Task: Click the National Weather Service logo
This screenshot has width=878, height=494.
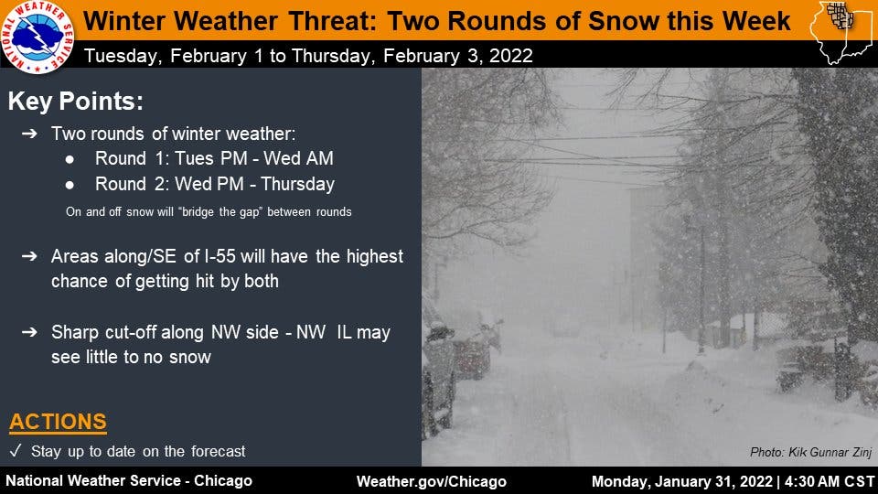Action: [37, 37]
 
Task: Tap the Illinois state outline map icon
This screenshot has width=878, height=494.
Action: [841, 32]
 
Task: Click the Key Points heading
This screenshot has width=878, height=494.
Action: [76, 102]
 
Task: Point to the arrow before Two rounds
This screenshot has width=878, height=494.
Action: [29, 134]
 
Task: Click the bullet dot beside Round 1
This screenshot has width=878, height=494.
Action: [70, 159]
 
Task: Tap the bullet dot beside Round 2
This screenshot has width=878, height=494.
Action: [70, 184]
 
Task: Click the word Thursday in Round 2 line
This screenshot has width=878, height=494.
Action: [298, 184]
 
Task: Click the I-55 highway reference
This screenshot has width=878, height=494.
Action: [219, 256]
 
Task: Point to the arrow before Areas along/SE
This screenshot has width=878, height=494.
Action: [29, 256]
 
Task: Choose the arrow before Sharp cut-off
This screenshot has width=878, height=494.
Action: [29, 332]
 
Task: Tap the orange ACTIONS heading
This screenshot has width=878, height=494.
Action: [58, 422]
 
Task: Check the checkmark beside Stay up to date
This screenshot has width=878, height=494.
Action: [16, 451]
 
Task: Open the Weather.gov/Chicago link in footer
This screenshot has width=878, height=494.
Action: [431, 482]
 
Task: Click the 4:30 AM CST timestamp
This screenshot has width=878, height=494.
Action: [830, 482]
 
